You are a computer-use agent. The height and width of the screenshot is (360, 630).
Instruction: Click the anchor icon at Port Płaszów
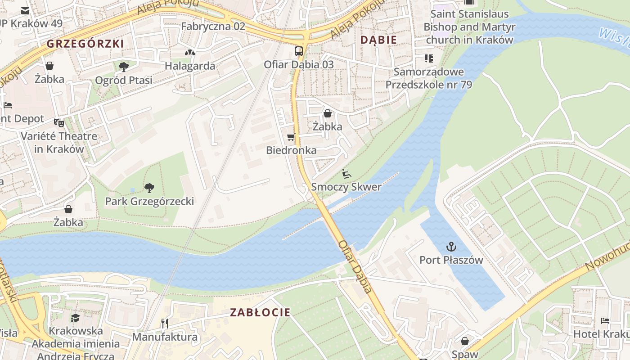451,247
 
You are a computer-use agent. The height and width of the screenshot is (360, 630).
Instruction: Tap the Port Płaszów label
451,260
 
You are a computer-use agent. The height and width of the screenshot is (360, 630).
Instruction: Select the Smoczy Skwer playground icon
346,174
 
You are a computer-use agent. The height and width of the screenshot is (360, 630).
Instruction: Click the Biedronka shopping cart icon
291,137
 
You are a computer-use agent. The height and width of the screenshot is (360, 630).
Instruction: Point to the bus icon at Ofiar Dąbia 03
299,51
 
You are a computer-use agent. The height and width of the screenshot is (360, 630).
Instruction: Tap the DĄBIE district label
378,40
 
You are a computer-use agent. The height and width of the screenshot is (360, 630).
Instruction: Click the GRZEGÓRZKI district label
85,44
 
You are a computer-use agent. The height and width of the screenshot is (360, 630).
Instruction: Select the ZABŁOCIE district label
260,312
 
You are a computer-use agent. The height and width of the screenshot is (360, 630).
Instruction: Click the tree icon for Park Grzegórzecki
149,188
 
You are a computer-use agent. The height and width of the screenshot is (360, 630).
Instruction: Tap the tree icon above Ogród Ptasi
123,67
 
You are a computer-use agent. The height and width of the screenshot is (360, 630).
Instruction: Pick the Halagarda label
189,66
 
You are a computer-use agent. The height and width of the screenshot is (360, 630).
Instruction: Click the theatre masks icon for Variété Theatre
58,122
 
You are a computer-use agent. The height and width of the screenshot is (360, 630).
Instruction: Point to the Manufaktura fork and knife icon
165,323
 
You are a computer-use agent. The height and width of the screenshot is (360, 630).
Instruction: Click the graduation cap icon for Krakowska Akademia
76,318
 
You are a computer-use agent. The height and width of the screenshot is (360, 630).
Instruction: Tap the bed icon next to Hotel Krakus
605,321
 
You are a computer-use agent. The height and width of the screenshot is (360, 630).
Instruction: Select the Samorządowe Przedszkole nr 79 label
428,78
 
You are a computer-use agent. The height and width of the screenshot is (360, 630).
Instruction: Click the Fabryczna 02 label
213,26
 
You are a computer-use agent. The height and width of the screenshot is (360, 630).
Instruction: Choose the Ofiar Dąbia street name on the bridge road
355,266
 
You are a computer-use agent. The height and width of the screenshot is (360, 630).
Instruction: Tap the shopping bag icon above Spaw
465,341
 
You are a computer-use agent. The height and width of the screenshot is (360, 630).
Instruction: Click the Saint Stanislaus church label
469,27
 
